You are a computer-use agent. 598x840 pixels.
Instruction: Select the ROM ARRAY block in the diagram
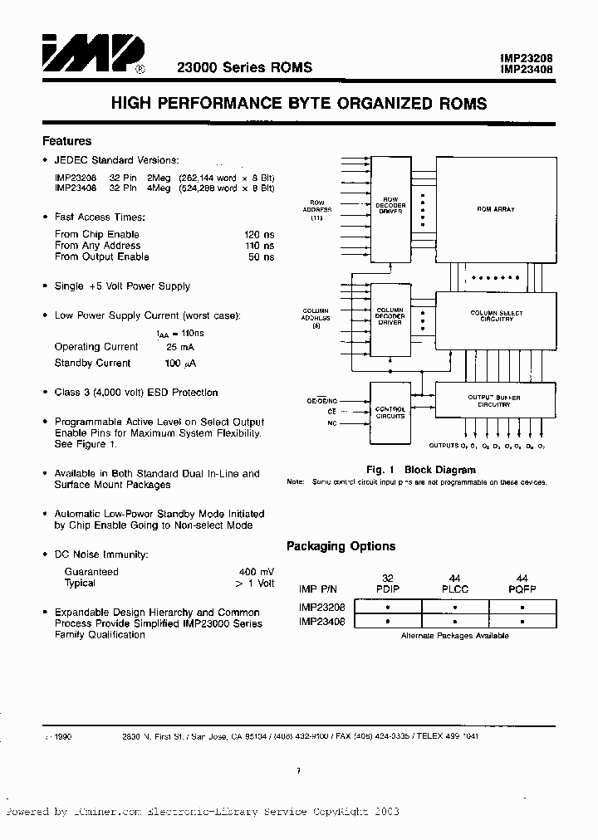[x=495, y=209]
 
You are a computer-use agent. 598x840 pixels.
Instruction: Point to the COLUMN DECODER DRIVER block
[x=390, y=316]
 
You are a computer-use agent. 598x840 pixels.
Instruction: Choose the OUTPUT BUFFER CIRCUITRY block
[x=495, y=401]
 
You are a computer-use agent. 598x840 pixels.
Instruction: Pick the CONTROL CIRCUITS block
[x=390, y=413]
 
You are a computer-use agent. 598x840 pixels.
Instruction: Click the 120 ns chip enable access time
[x=260, y=234]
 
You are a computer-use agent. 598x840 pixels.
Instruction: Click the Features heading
[x=66, y=141]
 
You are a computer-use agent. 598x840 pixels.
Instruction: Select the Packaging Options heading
[x=341, y=546]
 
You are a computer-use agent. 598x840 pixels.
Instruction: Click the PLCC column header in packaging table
[x=455, y=588]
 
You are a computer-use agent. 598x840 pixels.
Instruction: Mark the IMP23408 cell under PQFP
[x=522, y=620]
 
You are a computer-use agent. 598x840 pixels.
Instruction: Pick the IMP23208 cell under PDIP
[x=388, y=607]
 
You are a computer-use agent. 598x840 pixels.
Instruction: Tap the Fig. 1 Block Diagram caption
[x=421, y=470]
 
